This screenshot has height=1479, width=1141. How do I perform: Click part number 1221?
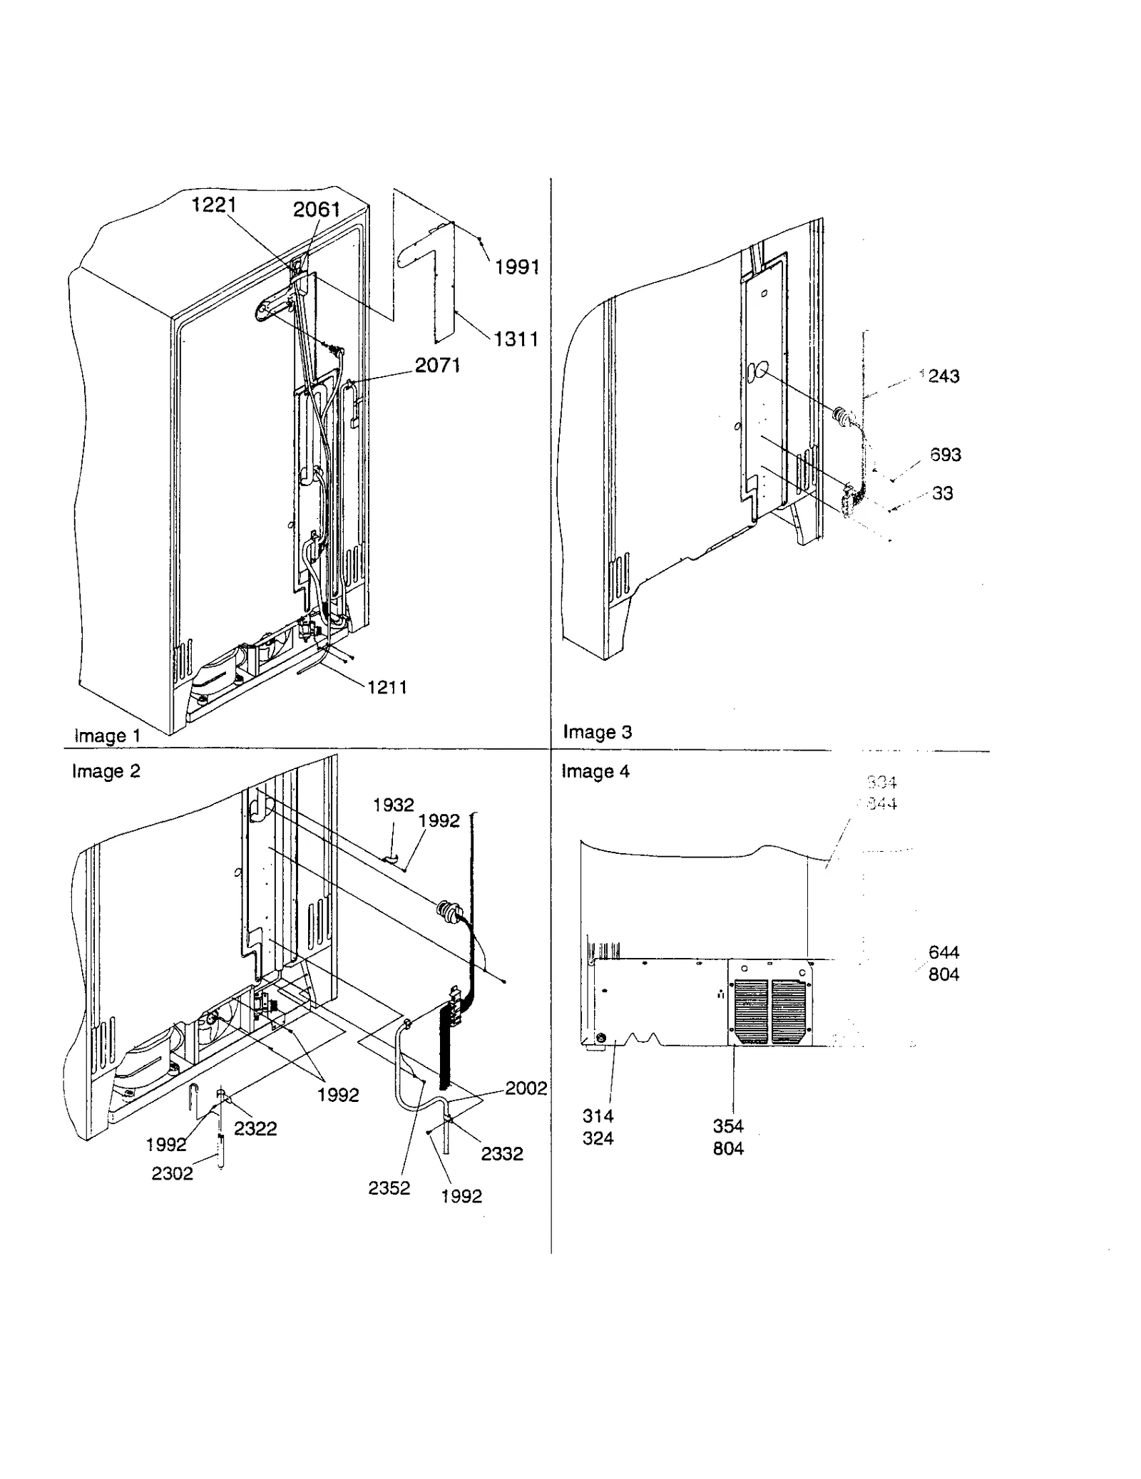click(213, 205)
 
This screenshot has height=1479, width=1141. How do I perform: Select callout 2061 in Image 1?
click(316, 209)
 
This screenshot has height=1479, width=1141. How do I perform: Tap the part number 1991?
click(517, 267)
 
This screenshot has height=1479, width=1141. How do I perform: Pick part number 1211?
click(387, 687)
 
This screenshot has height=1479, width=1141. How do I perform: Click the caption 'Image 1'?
click(107, 736)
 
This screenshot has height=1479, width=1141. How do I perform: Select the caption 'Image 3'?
click(597, 732)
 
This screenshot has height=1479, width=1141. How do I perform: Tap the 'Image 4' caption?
click(595, 771)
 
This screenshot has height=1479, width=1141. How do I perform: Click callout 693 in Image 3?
click(945, 454)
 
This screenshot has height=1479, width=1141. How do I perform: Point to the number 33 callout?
click(942, 493)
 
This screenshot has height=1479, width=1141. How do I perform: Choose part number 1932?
click(393, 805)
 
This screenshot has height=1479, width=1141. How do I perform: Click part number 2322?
click(255, 1128)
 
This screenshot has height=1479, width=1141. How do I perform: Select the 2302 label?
click(172, 1173)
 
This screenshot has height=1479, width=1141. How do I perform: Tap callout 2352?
click(389, 1187)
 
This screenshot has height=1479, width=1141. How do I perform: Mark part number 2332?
click(501, 1153)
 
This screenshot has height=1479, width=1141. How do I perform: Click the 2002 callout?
click(526, 1088)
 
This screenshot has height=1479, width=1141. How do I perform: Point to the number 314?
click(598, 1116)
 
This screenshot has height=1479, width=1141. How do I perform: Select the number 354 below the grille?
click(727, 1126)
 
